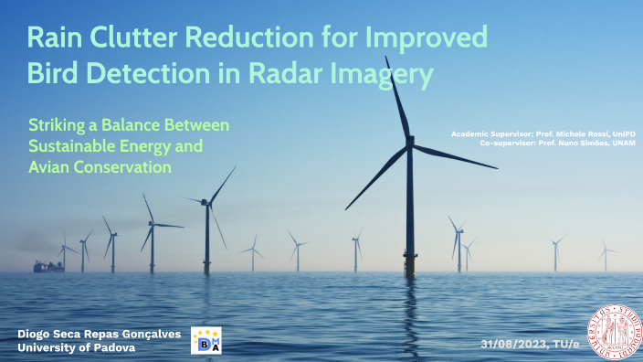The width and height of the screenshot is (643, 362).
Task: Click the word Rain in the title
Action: (x=56, y=38)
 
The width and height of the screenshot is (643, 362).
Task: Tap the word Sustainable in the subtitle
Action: (x=75, y=146)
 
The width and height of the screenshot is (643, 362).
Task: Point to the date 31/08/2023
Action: (x=517, y=344)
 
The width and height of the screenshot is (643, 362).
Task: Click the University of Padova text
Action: (x=77, y=348)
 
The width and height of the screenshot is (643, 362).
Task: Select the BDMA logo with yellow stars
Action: (x=206, y=339)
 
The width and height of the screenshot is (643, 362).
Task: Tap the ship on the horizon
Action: (x=47, y=266)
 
